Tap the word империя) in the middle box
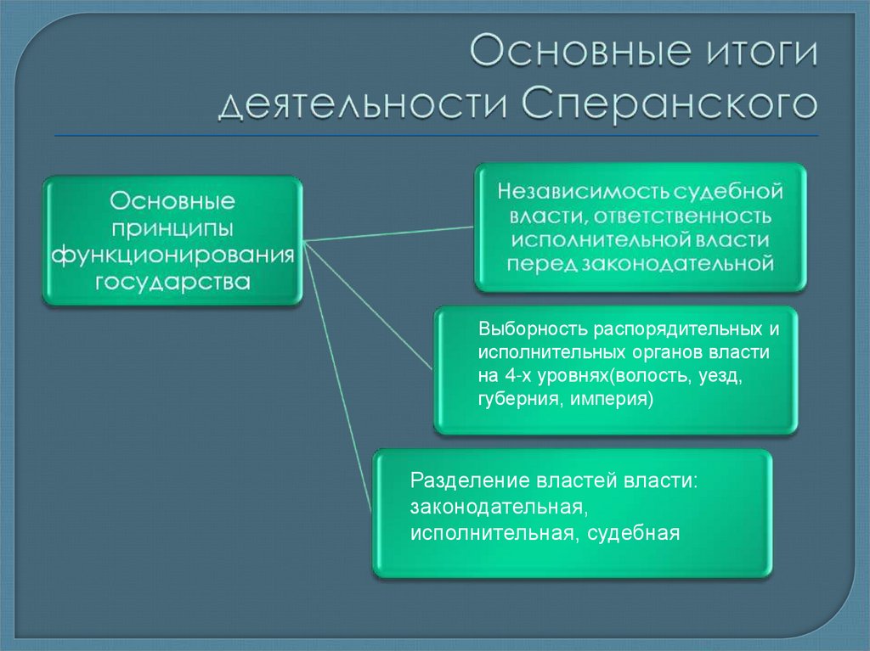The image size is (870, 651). pyautogui.click(x=607, y=398)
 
